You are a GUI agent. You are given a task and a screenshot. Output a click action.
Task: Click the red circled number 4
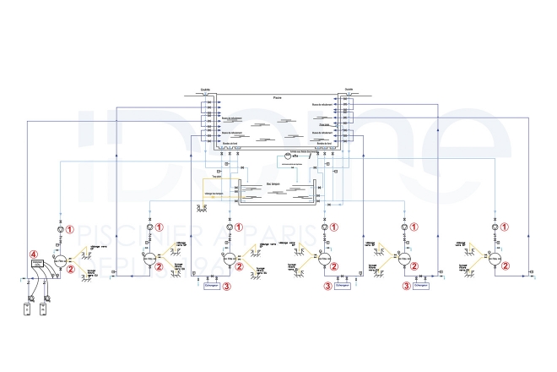tap(35, 253)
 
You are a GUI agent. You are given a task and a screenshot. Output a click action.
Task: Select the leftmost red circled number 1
tap(71, 228)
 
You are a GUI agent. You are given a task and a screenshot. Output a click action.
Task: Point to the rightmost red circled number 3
tap(407, 286)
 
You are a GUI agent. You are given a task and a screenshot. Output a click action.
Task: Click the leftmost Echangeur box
tap(212, 287)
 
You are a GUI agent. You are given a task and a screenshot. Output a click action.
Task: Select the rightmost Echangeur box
tap(421, 287)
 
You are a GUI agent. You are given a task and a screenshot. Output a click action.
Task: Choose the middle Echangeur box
tap(342, 287)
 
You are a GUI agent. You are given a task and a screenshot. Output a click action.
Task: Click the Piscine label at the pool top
tap(278, 98)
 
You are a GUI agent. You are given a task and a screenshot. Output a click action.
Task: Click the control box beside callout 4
tap(36, 265)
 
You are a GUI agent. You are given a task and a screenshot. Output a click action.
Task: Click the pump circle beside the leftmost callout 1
tap(59, 229)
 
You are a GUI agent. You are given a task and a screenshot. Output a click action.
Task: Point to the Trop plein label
tap(216, 176)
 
